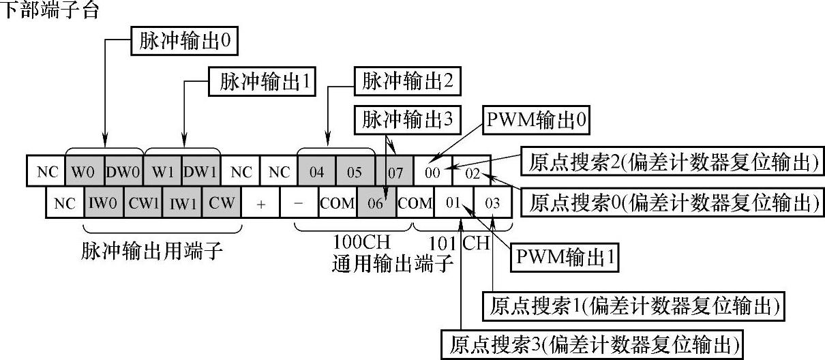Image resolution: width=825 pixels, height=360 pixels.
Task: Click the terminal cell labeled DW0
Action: click(x=123, y=171)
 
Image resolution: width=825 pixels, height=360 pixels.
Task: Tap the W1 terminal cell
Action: click(x=162, y=171)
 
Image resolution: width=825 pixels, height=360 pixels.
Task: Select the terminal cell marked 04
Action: click(x=316, y=171)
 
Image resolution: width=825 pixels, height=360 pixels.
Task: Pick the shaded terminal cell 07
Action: click(x=395, y=171)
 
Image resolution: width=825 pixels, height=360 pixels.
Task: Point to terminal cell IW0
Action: click(x=104, y=202)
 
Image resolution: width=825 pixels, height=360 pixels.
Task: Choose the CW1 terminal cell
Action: click(x=143, y=202)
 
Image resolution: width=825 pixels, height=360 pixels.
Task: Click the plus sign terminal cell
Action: click(x=260, y=202)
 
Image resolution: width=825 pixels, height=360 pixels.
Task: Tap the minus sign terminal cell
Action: click(x=299, y=202)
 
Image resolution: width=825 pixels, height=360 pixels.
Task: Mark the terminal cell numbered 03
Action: click(x=492, y=202)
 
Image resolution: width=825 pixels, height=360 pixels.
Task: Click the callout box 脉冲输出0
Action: click(x=185, y=41)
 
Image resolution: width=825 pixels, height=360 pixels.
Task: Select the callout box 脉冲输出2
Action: click(x=407, y=81)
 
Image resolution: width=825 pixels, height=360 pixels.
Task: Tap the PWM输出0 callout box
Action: click(x=536, y=120)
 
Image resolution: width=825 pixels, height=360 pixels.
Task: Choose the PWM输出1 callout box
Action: click(x=565, y=258)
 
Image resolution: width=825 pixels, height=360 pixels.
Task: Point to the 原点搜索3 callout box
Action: click(x=592, y=345)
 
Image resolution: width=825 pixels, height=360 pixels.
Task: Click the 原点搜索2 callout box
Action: click(x=672, y=162)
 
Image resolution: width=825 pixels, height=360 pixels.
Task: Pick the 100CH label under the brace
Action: click(x=361, y=242)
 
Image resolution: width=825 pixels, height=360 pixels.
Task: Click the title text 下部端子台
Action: click(x=50, y=10)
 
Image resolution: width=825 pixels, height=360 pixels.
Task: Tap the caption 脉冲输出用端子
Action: click(x=152, y=251)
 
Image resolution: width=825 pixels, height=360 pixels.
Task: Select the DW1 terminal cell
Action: click(x=200, y=171)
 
